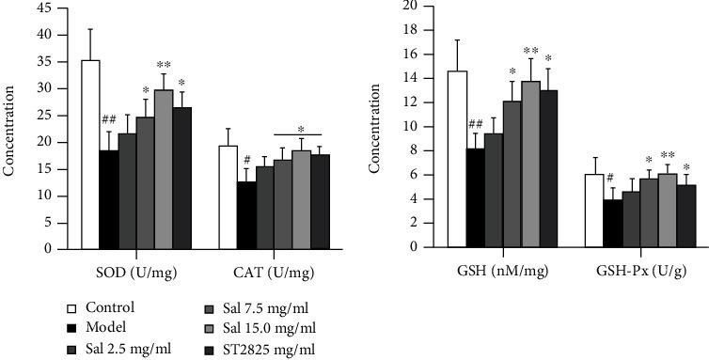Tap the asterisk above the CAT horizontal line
click(x=301, y=130)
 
